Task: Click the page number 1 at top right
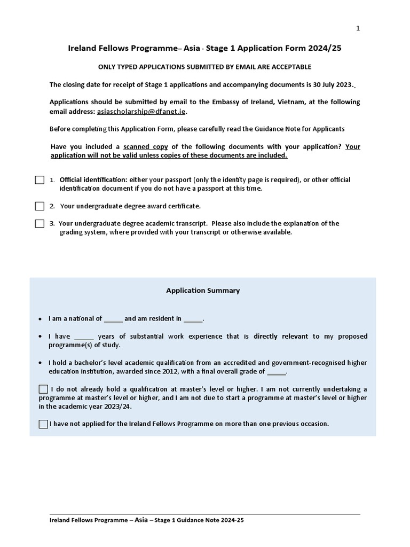[358, 28]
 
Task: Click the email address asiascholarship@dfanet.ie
[141, 112]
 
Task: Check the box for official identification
[40, 180]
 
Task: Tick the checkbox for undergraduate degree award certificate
[40, 206]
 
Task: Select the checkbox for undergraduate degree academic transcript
[40, 224]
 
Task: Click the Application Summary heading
[203, 291]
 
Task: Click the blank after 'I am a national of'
[113, 319]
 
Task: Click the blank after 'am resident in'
[193, 319]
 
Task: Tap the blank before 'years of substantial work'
[84, 337]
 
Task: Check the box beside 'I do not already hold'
[43, 389]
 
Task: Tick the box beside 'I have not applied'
[43, 424]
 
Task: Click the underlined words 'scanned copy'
[146, 147]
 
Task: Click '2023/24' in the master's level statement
[120, 407]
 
